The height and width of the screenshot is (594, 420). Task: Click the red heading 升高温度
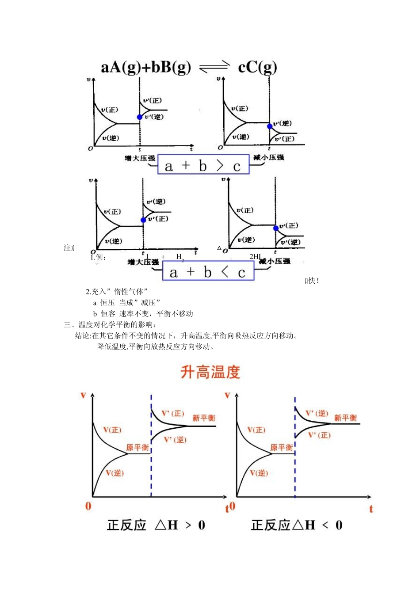pyautogui.click(x=210, y=372)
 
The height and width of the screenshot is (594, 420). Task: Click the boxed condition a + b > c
pyautogui.click(x=203, y=166)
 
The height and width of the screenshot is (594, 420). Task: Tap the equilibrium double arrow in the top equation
pyautogui.click(x=214, y=67)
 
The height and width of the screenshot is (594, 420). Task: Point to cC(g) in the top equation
pyautogui.click(x=257, y=67)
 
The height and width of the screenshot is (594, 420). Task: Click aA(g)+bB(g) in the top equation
pyautogui.click(x=146, y=67)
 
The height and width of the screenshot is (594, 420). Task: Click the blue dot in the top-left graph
pyautogui.click(x=140, y=117)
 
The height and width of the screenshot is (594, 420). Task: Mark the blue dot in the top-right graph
pyautogui.click(x=270, y=126)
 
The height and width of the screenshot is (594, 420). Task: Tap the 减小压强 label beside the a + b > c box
pyautogui.click(x=269, y=157)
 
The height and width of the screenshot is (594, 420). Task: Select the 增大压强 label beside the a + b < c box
pyautogui.click(x=143, y=262)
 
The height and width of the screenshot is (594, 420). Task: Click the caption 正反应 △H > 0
pyautogui.click(x=156, y=525)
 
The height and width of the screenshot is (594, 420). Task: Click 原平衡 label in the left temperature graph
pyautogui.click(x=137, y=448)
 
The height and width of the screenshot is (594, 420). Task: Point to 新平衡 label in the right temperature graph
pyautogui.click(x=345, y=418)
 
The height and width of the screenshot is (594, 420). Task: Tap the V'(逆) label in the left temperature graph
pyautogui.click(x=175, y=440)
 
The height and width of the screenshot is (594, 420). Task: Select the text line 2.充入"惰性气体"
pyautogui.click(x=117, y=291)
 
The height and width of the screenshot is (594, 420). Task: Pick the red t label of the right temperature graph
pyautogui.click(x=371, y=509)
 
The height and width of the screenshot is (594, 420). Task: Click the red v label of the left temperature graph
pyautogui.click(x=83, y=395)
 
